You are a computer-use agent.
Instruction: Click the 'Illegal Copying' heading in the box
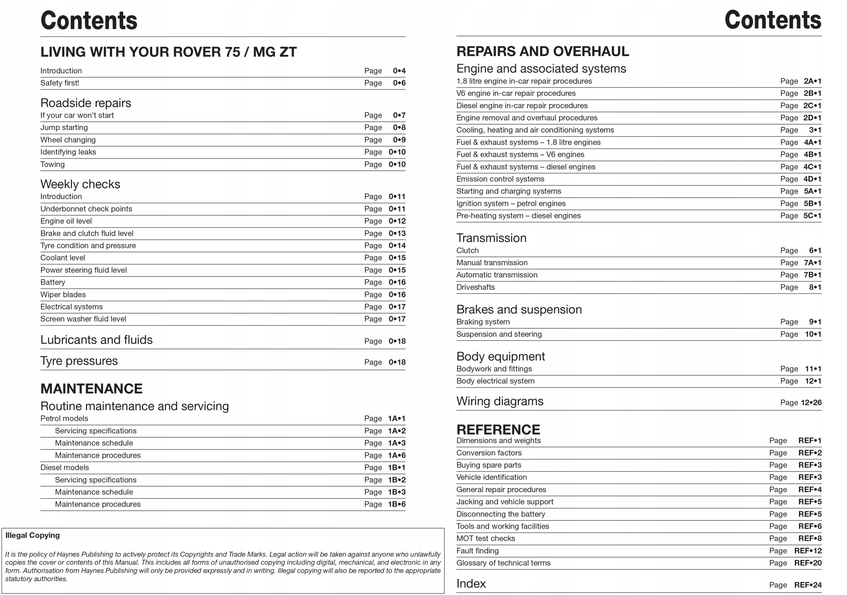click(32, 535)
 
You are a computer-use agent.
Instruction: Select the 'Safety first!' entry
click(60, 83)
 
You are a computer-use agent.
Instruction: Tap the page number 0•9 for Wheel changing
click(399, 140)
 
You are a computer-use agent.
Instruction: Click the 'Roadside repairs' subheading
click(86, 103)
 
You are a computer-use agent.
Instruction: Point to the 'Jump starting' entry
click(64, 128)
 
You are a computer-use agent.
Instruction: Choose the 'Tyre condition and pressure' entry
click(88, 246)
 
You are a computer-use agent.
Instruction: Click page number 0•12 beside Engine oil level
click(397, 221)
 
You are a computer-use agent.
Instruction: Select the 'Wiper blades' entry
click(63, 295)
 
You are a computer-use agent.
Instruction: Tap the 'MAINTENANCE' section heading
click(92, 389)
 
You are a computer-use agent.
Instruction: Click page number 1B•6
click(397, 504)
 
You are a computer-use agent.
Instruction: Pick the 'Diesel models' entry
click(65, 467)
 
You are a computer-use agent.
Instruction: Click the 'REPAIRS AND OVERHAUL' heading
click(542, 51)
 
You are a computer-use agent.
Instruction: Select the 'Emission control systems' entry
click(500, 179)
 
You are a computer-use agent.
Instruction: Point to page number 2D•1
click(812, 118)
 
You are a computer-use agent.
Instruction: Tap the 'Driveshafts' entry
click(475, 287)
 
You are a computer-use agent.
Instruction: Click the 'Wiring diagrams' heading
click(500, 401)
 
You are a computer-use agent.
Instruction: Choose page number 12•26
click(811, 403)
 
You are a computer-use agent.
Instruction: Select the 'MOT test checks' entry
click(485, 538)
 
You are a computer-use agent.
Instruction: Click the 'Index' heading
click(471, 583)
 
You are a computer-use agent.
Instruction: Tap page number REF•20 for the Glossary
click(808, 563)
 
